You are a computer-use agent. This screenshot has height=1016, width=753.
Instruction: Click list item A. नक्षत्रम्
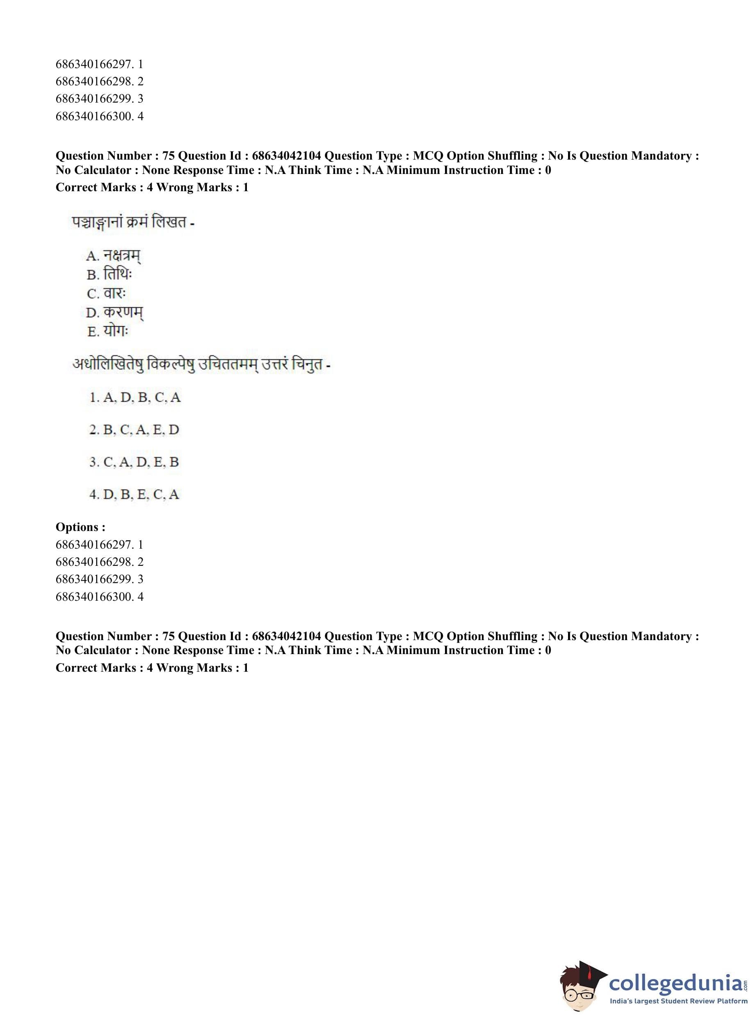pos(114,256)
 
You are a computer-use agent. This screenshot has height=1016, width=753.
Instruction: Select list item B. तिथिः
pos(110,275)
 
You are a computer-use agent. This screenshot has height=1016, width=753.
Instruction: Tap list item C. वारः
pos(107,293)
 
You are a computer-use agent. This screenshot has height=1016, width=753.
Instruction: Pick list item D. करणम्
pos(114,312)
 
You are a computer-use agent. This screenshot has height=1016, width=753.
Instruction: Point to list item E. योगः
pos(108,331)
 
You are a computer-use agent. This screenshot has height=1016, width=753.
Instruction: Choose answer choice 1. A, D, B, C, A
pos(135,398)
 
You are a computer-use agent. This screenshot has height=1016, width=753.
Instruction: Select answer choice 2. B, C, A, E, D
pos(135,430)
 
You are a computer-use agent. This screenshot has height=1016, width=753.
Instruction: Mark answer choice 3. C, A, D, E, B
pos(135,462)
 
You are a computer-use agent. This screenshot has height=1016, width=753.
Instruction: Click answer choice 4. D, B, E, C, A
pos(135,494)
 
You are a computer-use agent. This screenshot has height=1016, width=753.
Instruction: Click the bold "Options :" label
pos(81,527)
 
